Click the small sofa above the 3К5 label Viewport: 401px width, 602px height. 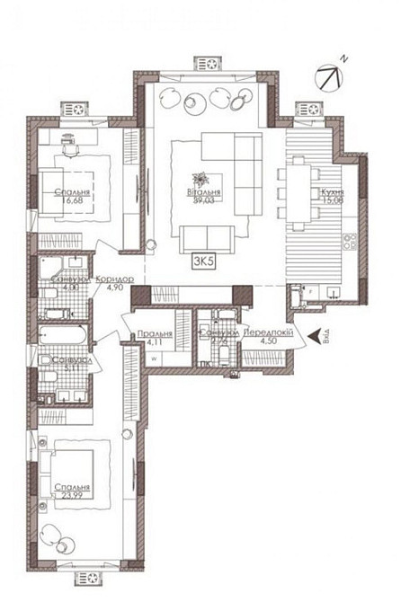[205, 239]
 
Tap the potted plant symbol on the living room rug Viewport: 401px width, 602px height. [202, 178]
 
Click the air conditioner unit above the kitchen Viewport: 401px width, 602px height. [310, 109]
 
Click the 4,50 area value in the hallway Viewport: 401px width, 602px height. [266, 340]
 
